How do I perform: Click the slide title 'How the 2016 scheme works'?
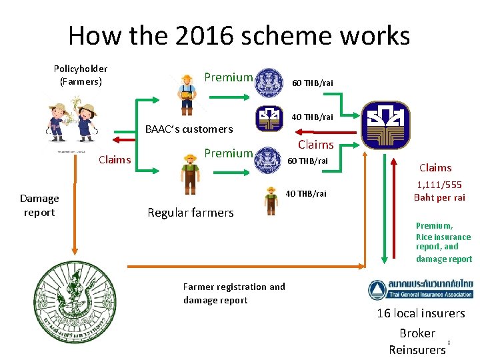239,35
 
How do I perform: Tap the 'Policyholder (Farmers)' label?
81,75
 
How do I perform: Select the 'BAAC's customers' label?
189,129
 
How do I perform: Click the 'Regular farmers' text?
191,213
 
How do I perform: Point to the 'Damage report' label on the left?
39,205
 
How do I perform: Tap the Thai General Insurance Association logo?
420,289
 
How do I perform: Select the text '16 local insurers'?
421,313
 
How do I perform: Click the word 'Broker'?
417,333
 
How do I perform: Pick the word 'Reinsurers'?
417,349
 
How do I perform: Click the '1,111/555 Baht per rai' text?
439,191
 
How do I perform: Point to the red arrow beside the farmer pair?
123,139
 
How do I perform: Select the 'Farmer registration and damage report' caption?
233,293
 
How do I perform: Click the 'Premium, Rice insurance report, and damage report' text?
443,242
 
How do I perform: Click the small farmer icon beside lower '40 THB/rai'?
271,200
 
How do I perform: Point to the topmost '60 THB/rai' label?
313,83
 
